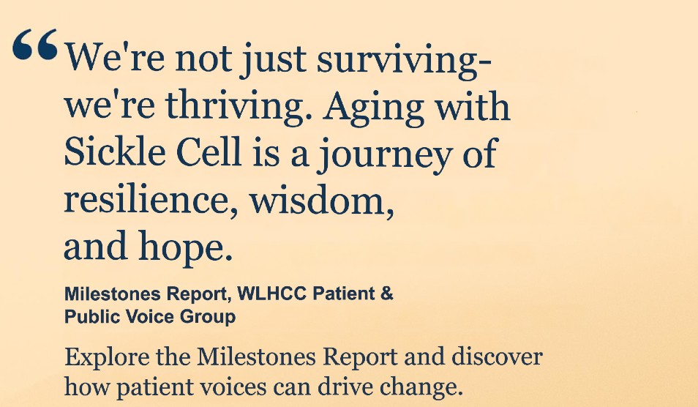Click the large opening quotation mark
(x=35, y=47)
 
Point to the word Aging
(x=373, y=108)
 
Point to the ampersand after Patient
(x=387, y=294)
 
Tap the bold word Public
(x=88, y=317)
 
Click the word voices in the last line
(x=263, y=385)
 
